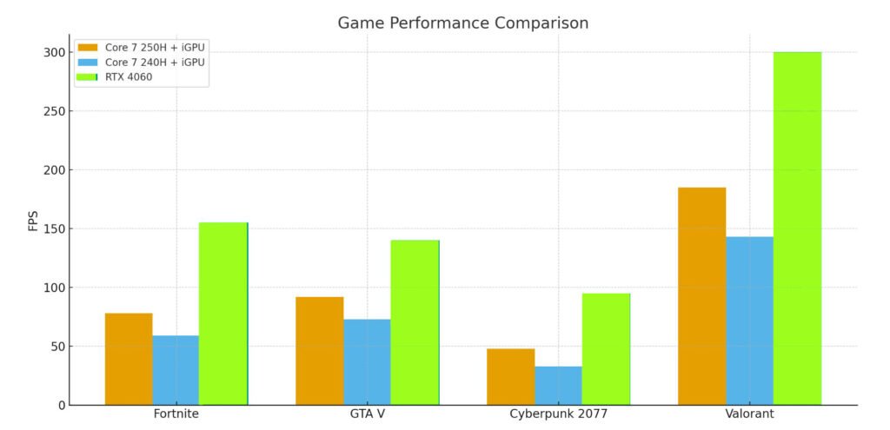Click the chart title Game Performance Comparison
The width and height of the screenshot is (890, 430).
pyautogui.click(x=462, y=23)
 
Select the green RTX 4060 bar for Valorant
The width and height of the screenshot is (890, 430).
pyautogui.click(x=797, y=228)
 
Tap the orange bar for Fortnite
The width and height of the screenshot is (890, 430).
pyautogui.click(x=129, y=359)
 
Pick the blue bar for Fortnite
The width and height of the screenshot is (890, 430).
pyautogui.click(x=176, y=370)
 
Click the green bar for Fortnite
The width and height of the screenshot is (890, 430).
pyautogui.click(x=223, y=314)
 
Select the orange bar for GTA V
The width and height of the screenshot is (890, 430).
pyautogui.click(x=319, y=351)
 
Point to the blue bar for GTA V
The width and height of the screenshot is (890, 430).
pyautogui.click(x=367, y=361)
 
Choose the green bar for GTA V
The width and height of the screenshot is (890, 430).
pyautogui.click(x=415, y=322)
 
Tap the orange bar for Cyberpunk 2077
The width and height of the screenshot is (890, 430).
pyautogui.click(x=510, y=376)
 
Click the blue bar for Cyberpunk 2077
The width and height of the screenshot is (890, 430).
pyautogui.click(x=558, y=386)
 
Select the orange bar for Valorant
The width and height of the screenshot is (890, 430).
pyautogui.click(x=701, y=296)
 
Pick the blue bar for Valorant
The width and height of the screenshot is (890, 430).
pyautogui.click(x=749, y=321)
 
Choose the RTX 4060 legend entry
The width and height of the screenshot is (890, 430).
pyautogui.click(x=128, y=76)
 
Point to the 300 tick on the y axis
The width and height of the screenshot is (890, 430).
pyautogui.click(x=53, y=52)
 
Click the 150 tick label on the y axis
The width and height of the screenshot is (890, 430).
pyautogui.click(x=53, y=228)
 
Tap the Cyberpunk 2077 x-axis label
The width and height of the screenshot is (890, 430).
pyautogui.click(x=558, y=414)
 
